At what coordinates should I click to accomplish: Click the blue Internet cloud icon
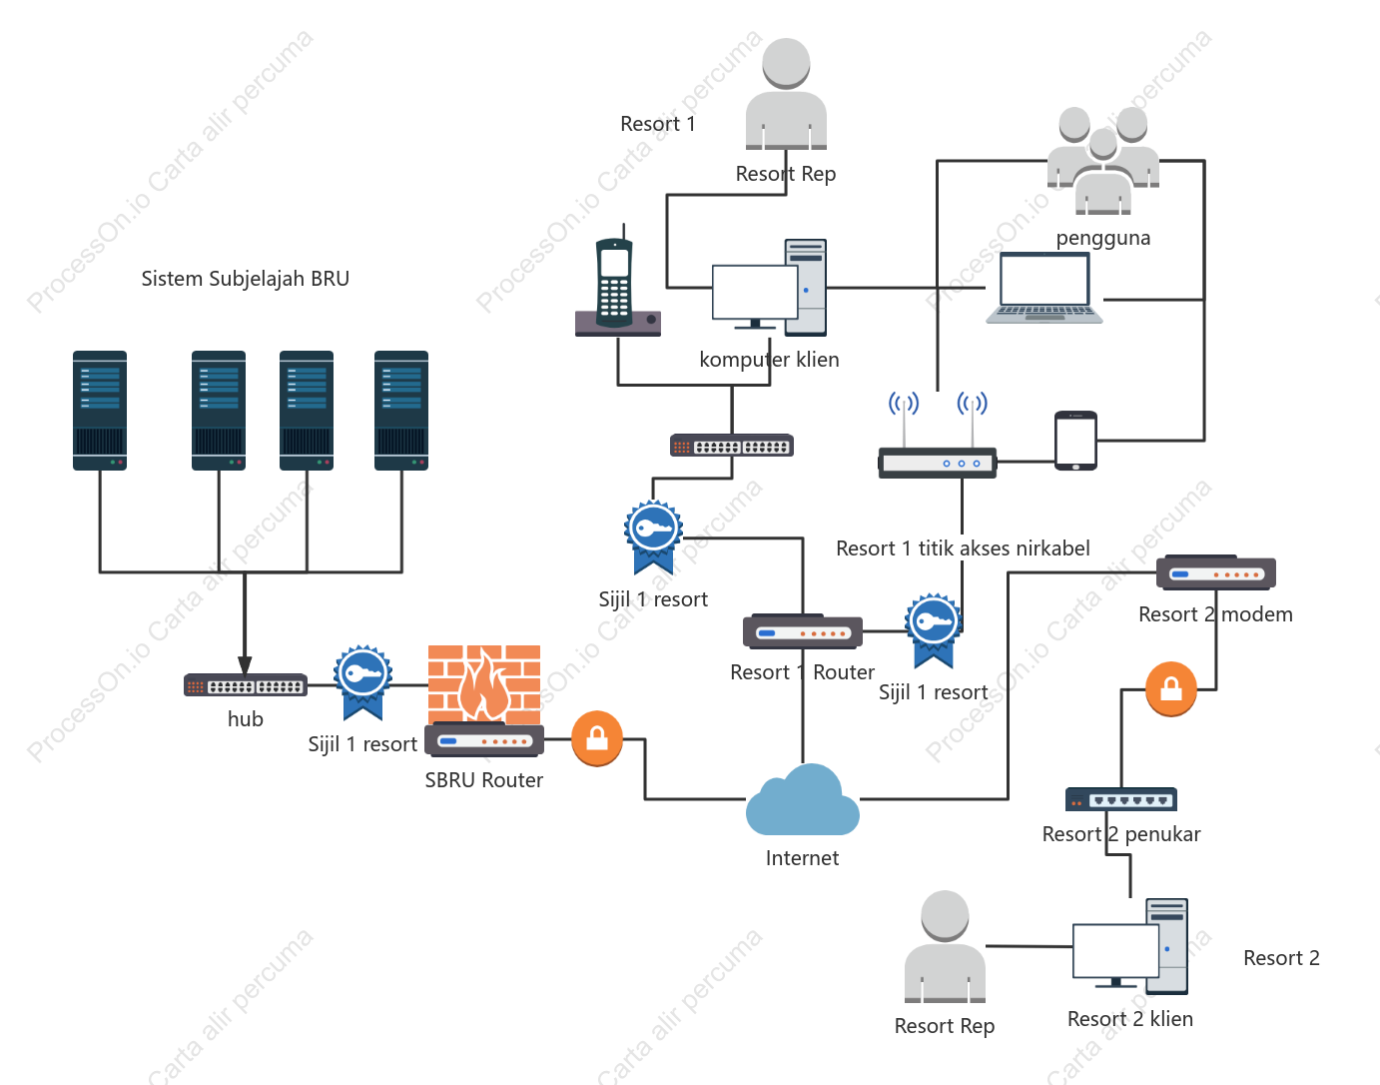pyautogui.click(x=802, y=800)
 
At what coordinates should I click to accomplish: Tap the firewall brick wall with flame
pyautogui.click(x=484, y=684)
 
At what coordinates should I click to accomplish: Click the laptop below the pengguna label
pyautogui.click(x=1044, y=288)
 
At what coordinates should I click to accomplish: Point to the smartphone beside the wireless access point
pyautogui.click(x=1075, y=441)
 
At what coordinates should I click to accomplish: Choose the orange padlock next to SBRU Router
pyautogui.click(x=597, y=738)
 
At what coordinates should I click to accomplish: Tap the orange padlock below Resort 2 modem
pyautogui.click(x=1171, y=689)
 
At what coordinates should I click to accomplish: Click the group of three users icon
pyautogui.click(x=1103, y=161)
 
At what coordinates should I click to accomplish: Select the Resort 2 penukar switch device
pyautogui.click(x=1121, y=799)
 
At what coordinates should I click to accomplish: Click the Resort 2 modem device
pyautogui.click(x=1215, y=573)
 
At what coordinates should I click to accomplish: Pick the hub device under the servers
pyautogui.click(x=245, y=685)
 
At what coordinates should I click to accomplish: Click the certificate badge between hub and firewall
pyautogui.click(x=362, y=682)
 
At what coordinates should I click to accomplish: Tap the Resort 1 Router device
pyautogui.click(x=803, y=631)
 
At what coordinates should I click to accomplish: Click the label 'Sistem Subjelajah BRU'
pyautogui.click(x=245, y=278)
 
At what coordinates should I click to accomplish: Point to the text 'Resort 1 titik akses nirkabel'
pyautogui.click(x=963, y=547)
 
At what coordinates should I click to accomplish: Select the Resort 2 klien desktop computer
pyautogui.click(x=1129, y=946)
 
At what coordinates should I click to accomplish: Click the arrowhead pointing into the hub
pyautogui.click(x=245, y=665)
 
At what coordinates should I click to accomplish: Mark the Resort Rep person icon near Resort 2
pyautogui.click(x=945, y=946)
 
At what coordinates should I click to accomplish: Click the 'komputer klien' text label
pyautogui.click(x=769, y=360)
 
